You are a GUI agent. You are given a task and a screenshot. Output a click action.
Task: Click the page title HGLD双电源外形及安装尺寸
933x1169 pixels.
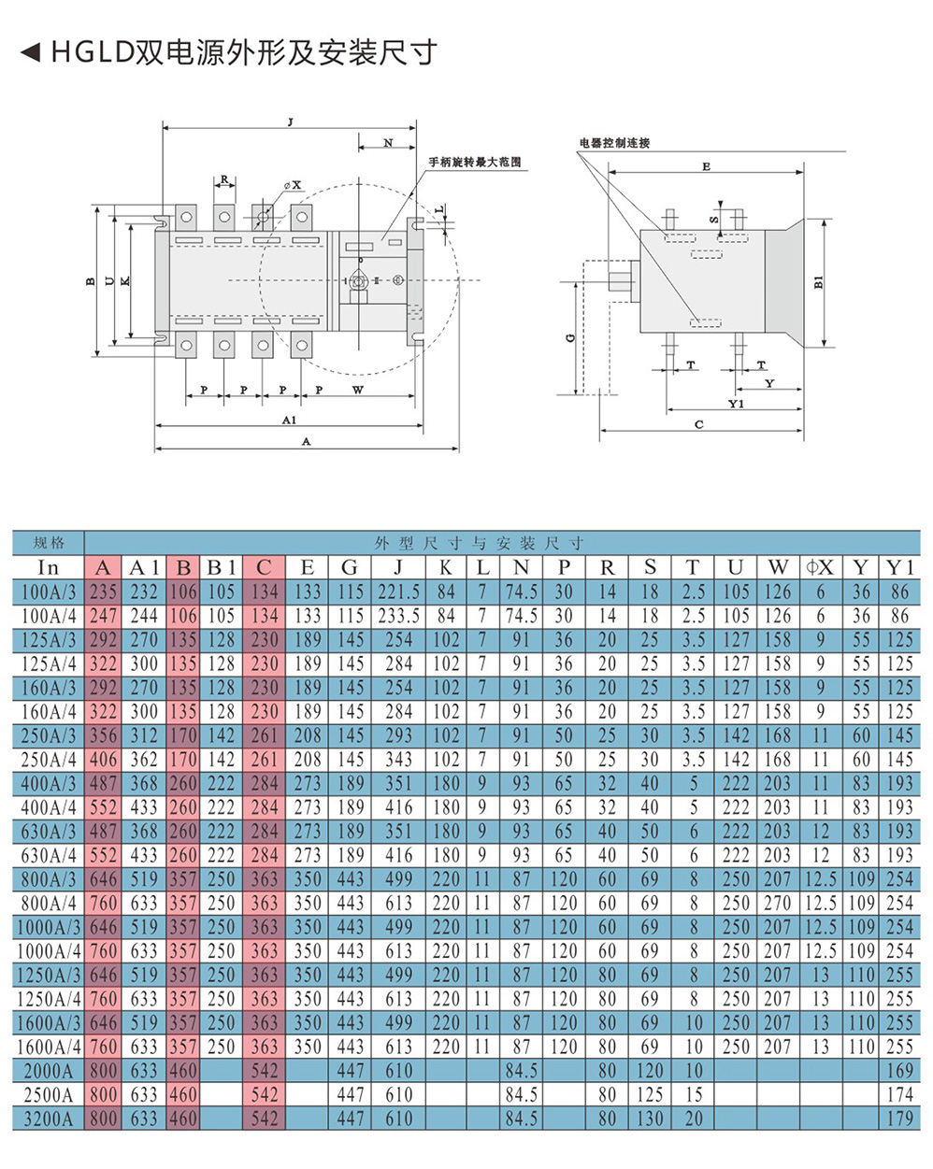pos(243,52)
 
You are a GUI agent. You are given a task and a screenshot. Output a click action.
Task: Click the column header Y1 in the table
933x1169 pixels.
pos(899,567)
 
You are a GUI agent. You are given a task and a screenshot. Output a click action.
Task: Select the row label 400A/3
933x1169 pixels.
pos(49,783)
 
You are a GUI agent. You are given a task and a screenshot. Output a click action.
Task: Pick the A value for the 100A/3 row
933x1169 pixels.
pos(103,592)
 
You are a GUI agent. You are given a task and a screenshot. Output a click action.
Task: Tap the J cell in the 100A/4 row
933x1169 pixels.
pos(398,616)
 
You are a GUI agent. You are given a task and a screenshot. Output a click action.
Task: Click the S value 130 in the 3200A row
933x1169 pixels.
pos(650,1119)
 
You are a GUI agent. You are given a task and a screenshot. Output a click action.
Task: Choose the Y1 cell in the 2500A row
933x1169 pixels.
pos(899,1094)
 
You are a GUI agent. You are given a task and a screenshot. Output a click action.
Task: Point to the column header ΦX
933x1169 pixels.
pos(819,567)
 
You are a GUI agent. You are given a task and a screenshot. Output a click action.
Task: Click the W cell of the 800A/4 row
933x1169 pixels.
pos(777,904)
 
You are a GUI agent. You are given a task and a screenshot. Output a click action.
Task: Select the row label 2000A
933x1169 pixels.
pos(49,1071)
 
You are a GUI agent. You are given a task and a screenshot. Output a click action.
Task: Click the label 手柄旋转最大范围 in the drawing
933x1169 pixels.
pos(475,163)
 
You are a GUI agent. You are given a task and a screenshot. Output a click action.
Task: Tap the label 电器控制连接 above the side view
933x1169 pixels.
pos(614,143)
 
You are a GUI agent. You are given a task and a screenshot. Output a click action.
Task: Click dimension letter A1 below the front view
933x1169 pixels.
pos(289,421)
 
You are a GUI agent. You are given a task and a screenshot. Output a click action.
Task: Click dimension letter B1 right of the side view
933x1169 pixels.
pos(819,282)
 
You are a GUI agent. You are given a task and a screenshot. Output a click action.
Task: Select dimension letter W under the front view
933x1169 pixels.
pos(357,390)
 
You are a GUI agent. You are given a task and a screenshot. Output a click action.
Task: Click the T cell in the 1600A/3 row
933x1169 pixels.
pos(693,1022)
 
